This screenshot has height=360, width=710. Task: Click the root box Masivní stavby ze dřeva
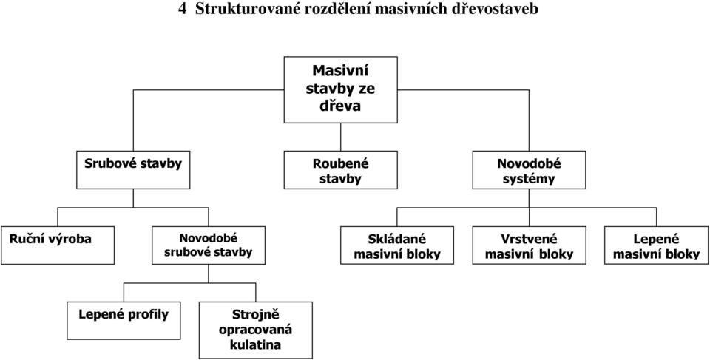point(340,89)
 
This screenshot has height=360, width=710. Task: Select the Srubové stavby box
point(133,170)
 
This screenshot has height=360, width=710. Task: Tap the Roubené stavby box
point(340,170)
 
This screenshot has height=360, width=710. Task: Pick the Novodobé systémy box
point(529,170)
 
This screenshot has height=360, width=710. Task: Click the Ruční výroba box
point(58,245)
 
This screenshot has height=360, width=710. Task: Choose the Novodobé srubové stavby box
point(209,245)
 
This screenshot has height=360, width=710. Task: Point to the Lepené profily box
point(124,321)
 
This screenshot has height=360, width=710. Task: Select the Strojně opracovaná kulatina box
point(256,330)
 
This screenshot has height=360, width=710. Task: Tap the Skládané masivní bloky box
point(397,245)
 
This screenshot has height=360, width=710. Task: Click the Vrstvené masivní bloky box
point(529,245)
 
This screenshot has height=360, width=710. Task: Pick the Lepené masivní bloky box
point(657,245)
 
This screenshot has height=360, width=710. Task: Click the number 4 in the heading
point(182,10)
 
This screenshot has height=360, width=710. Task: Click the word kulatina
point(255,344)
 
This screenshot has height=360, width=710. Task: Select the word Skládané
point(396,239)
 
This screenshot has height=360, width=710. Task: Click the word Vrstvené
point(529,239)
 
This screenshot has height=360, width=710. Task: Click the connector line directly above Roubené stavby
point(340,137)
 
